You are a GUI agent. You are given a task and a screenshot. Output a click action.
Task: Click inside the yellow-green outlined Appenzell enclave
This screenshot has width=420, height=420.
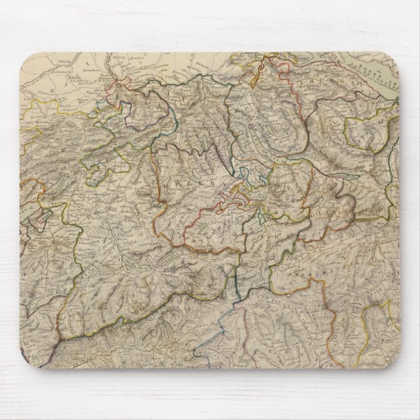pos(359,134)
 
